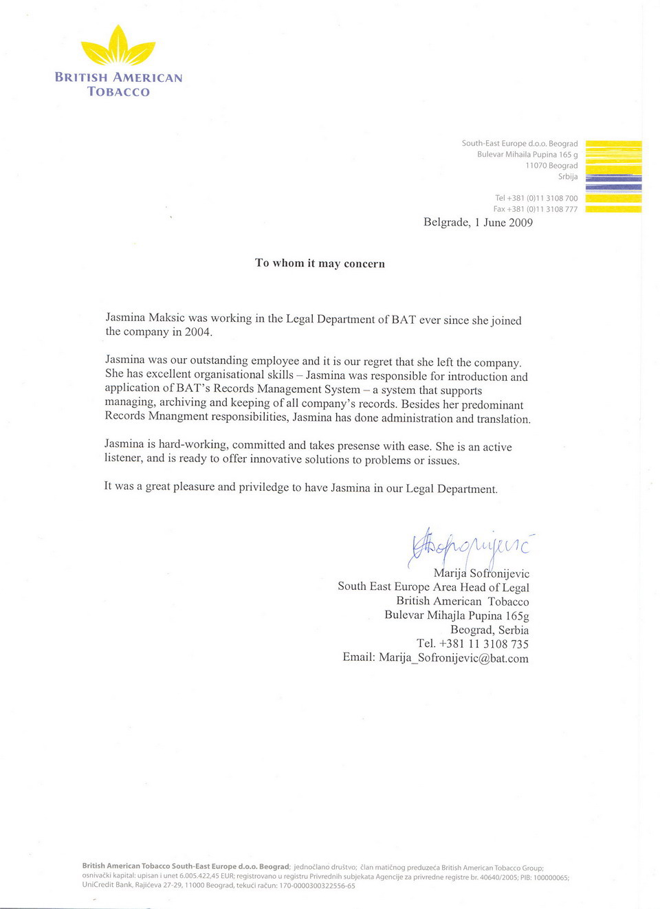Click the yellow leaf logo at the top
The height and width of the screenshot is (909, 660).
(118, 47)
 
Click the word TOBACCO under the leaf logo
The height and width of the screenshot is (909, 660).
(118, 92)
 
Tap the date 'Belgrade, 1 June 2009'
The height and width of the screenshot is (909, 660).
(478, 223)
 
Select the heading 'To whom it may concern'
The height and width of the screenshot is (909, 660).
(320, 263)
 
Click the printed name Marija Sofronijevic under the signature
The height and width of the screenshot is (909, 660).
(481, 573)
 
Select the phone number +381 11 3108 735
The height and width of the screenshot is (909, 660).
(483, 644)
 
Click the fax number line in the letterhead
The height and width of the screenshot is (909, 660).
(535, 209)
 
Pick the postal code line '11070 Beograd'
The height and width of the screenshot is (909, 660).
(551, 166)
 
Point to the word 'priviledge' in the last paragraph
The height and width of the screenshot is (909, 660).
(263, 488)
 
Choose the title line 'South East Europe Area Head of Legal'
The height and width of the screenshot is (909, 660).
(433, 587)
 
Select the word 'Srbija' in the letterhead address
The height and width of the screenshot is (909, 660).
(567, 177)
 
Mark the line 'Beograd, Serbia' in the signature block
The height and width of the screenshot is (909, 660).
(489, 630)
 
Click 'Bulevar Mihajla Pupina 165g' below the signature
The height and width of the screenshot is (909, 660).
(456, 615)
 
